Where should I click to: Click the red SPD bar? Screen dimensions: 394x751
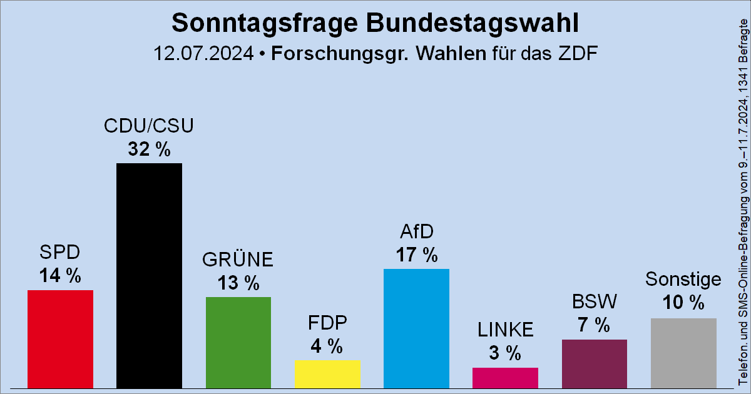(x=60, y=338)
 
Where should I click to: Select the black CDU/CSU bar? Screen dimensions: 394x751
(x=149, y=275)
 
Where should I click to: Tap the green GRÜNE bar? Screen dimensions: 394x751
(x=238, y=342)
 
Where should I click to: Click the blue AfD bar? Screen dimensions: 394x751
(x=416, y=328)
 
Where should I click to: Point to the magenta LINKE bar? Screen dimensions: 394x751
(x=505, y=377)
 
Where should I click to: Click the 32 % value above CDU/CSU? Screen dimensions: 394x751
(x=149, y=150)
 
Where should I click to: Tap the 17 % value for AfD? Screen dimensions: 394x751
(x=416, y=255)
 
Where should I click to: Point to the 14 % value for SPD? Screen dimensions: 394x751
(x=60, y=276)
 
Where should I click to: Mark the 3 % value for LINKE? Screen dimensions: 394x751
(x=505, y=353)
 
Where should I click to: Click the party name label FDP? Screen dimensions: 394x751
(x=327, y=323)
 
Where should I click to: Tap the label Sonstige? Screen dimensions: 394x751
(x=683, y=279)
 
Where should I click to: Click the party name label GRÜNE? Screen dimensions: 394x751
(x=238, y=259)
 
